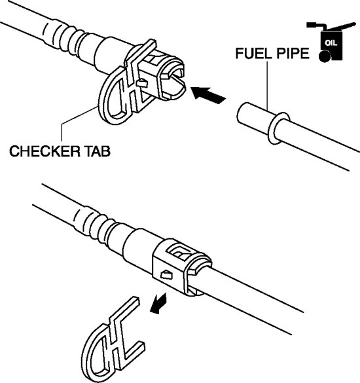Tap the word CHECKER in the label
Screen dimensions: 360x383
(x=45, y=151)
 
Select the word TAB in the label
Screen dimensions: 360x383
(x=98, y=151)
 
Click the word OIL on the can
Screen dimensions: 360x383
(x=331, y=43)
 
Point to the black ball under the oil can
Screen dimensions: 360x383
(x=325, y=56)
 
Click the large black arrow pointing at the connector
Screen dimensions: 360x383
(x=208, y=95)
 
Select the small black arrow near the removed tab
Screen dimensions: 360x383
(x=158, y=303)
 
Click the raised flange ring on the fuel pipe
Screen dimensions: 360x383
(x=278, y=128)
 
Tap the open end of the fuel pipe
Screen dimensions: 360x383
(x=241, y=113)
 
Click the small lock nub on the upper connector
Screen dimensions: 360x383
(x=142, y=83)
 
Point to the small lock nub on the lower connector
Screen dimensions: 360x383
(x=167, y=275)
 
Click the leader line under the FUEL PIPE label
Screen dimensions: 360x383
(x=267, y=86)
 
